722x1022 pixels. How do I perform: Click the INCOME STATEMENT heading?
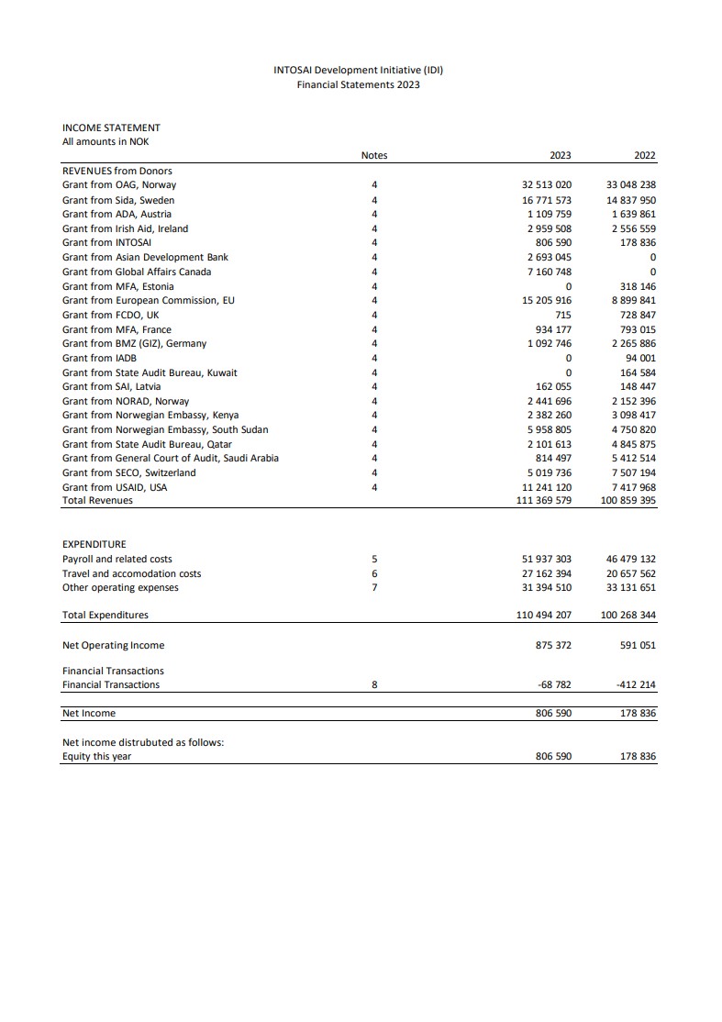tap(111, 128)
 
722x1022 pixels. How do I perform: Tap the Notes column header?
tap(374, 156)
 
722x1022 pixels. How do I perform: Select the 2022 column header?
tap(644, 156)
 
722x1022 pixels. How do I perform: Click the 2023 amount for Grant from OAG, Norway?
tap(547, 185)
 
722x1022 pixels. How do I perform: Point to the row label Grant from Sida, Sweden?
tap(118, 200)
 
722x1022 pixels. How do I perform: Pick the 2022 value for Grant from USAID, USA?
tap(634, 487)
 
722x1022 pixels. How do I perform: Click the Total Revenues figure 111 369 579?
tap(544, 501)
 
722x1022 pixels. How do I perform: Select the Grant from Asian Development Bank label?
tap(145, 257)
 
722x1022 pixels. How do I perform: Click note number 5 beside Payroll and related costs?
tap(374, 559)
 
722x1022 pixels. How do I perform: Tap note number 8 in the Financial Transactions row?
tap(374, 684)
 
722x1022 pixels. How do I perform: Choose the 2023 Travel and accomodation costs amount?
tap(547, 573)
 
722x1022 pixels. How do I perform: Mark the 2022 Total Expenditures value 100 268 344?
tap(628, 615)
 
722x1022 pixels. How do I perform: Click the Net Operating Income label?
tap(113, 645)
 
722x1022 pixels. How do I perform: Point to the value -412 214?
tap(637, 684)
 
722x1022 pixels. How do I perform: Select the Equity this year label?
tap(96, 757)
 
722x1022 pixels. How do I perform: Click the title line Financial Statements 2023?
tap(358, 84)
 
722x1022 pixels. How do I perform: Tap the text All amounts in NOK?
tap(106, 141)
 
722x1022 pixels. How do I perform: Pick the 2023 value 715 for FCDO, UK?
tap(563, 315)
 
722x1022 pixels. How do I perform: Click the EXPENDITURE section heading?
tap(94, 544)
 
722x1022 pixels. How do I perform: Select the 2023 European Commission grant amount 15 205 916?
tap(547, 300)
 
